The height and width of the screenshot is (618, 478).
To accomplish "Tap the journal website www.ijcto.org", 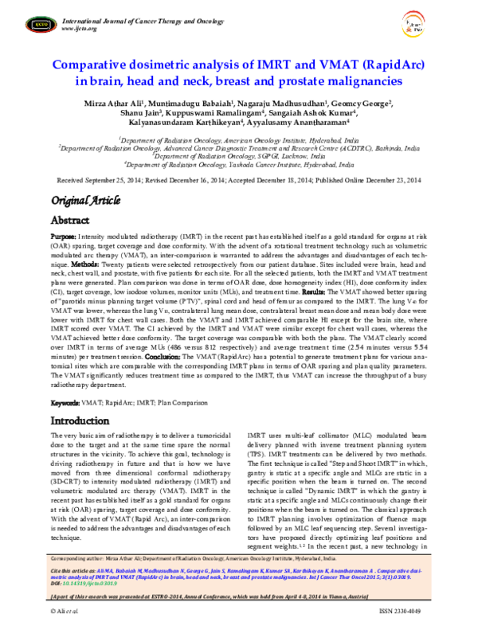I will coord(79,29).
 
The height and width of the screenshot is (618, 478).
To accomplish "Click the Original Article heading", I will coord(87,200).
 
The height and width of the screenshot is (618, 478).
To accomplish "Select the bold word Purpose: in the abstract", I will coord(64,237).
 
